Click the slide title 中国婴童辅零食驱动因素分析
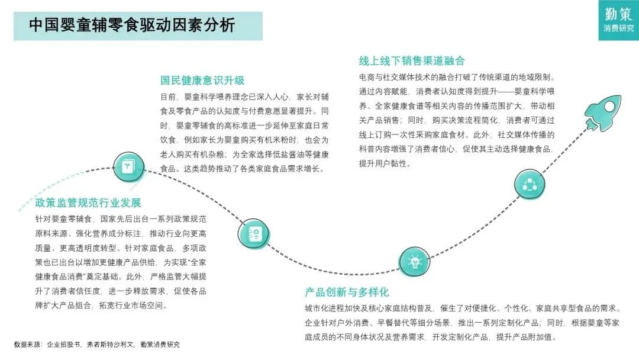(132, 25)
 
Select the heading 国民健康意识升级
(202, 81)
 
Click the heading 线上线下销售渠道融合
(412, 61)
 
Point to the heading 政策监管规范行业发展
(88, 203)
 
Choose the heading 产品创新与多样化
(347, 292)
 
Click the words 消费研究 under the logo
(618, 28)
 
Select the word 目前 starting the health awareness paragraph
(168, 97)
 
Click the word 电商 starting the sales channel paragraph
(367, 78)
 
